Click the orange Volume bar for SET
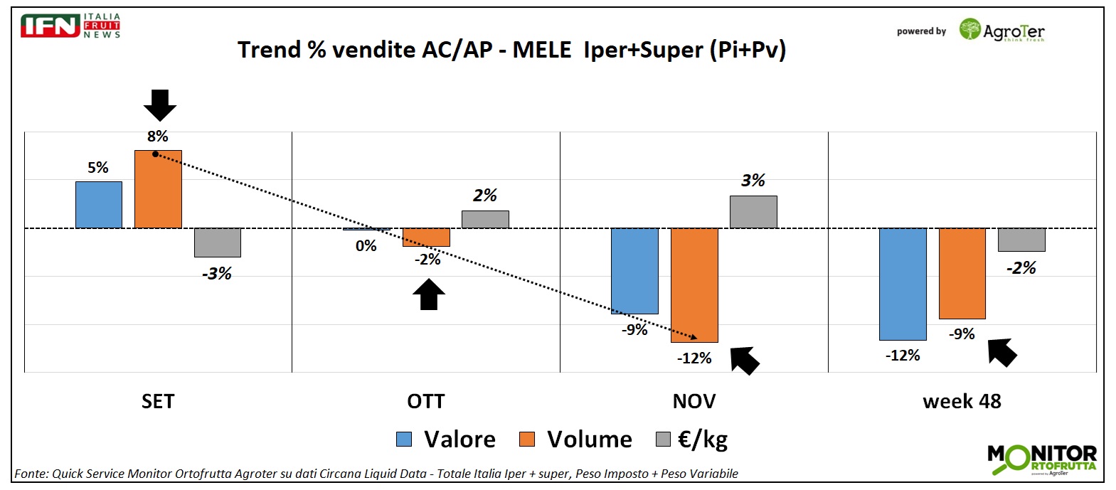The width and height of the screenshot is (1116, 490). [x=158, y=189]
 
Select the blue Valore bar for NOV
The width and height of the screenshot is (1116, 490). [x=634, y=271]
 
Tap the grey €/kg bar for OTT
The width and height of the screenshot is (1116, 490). [x=485, y=219]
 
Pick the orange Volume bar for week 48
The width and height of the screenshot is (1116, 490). [x=962, y=274]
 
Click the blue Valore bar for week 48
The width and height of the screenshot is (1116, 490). [x=903, y=284]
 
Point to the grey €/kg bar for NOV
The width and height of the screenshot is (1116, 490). [x=753, y=212]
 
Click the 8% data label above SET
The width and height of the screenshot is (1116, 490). [x=158, y=137]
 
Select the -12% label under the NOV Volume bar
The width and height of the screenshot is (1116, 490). [x=694, y=358]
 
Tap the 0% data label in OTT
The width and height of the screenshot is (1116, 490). [x=366, y=246]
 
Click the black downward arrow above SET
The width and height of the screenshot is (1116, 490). [x=160, y=105]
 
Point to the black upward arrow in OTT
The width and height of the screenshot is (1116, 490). [x=429, y=294]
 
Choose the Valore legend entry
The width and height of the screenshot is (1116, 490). [x=446, y=440]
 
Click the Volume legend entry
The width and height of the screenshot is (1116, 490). [x=575, y=440]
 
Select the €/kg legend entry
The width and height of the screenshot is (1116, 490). [x=692, y=440]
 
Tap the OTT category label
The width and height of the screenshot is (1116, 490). [x=425, y=402]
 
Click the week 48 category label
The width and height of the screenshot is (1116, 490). [x=962, y=402]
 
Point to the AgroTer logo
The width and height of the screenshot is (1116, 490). [x=1001, y=31]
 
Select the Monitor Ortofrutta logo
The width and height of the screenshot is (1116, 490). [x=1042, y=459]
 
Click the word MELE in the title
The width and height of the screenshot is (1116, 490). [x=542, y=50]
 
